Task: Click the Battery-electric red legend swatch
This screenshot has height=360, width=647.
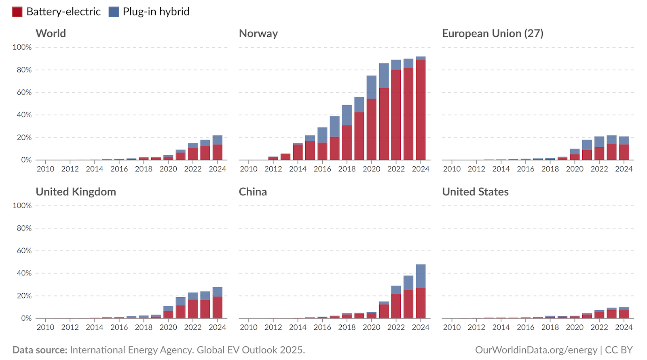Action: pos(17,12)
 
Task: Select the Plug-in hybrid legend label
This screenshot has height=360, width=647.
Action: pos(156,12)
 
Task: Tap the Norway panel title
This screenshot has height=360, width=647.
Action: pos(258,34)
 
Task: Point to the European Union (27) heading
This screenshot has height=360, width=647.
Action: pos(492,34)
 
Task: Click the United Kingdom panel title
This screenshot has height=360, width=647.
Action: pos(76,192)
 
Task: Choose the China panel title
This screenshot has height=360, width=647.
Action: pos(253,192)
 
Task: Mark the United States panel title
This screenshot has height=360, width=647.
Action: pos(475,192)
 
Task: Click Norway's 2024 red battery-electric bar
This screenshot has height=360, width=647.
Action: pos(421,109)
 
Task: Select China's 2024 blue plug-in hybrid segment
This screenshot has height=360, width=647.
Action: pos(421,276)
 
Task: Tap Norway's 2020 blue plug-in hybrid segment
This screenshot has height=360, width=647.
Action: pos(372,87)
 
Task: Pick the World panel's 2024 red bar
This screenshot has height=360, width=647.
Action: pos(218,152)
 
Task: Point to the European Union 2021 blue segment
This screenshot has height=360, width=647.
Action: pos(587,145)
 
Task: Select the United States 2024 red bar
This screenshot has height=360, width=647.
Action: pos(624,314)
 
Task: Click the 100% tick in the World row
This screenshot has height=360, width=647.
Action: pos(22,47)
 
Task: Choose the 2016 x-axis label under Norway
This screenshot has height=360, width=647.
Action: pos(322,169)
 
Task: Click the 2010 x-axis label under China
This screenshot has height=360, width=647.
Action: pos(249,327)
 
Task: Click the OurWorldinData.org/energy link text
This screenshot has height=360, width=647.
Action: pos(536,350)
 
